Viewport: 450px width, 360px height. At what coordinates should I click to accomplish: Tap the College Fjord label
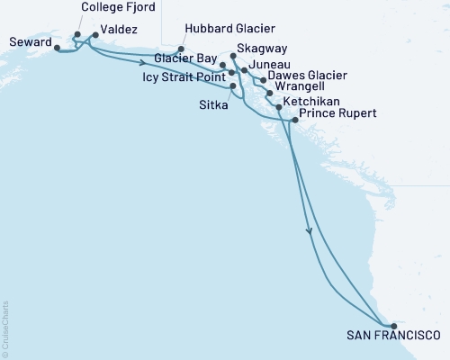tap(117, 7)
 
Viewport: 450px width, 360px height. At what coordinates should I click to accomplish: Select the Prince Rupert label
tap(337, 114)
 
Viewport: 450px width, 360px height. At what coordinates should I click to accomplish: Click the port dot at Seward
tap(58, 48)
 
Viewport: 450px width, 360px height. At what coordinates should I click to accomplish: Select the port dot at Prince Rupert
tap(294, 119)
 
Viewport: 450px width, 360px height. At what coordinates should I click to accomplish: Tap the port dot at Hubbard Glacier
tap(181, 49)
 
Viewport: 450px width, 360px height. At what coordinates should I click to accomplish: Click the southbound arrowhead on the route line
tap(310, 231)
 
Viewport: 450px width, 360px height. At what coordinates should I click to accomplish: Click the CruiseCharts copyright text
tap(5, 328)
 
